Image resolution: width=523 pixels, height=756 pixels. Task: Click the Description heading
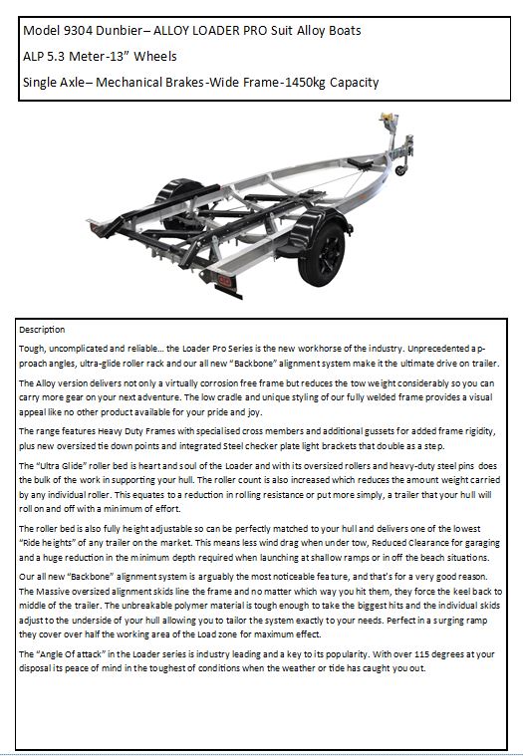(42, 329)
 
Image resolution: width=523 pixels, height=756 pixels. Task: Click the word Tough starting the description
(36, 349)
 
